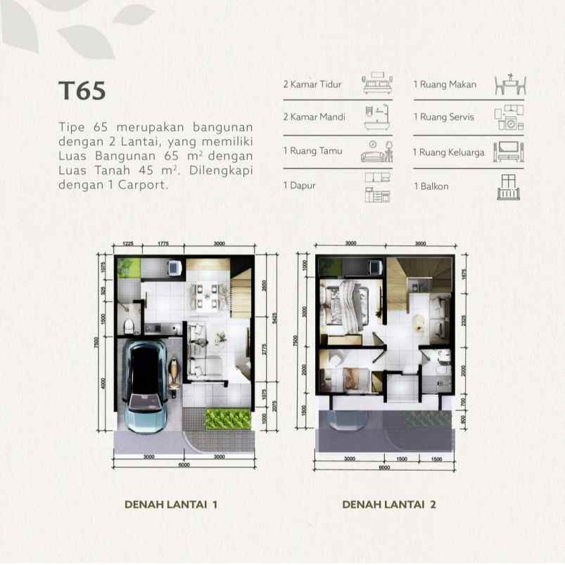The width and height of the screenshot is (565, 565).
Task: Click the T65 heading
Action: coord(82,92)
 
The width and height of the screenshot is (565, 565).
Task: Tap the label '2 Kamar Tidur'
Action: coord(312,84)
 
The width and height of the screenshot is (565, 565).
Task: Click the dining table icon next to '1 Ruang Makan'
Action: coord(510,84)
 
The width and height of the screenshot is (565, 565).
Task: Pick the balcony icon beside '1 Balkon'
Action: coord(510,187)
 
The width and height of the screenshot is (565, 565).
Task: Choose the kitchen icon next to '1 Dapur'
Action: coord(378,187)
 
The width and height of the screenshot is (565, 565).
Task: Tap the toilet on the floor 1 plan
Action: coord(128,325)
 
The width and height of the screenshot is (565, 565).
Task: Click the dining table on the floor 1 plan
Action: coord(208,294)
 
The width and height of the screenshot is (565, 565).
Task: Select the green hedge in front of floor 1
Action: coord(227,419)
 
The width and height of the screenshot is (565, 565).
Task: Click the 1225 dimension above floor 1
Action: coord(127,243)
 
